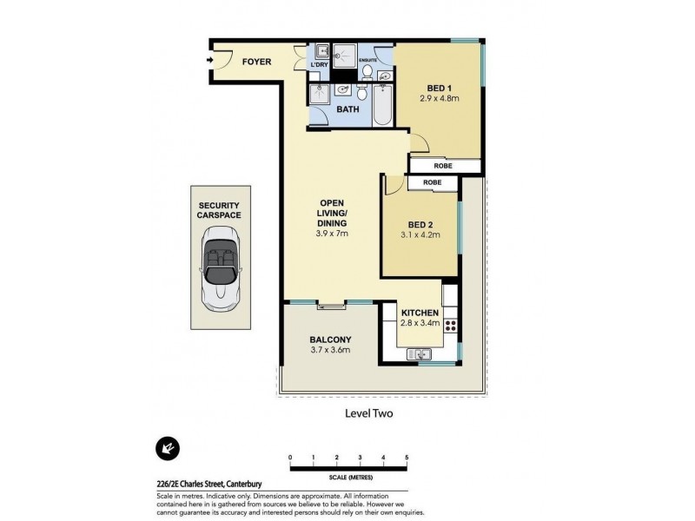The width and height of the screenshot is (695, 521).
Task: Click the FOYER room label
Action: click(256, 62)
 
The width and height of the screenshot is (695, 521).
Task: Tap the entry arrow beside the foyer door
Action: click(210, 60)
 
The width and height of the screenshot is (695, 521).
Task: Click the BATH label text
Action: click(347, 110)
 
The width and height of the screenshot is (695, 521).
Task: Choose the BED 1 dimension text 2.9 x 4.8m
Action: click(439, 99)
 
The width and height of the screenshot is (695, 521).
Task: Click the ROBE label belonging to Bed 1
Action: click(444, 165)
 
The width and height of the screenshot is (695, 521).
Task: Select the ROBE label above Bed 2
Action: click(432, 183)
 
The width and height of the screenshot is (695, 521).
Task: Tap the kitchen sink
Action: click(420, 354)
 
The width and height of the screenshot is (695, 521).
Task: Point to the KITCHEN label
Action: click(419, 313)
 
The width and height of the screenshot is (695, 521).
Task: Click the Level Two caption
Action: click(369, 413)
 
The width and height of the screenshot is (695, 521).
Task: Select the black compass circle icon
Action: click(165, 448)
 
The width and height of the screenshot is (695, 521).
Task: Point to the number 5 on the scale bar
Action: click(407, 457)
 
